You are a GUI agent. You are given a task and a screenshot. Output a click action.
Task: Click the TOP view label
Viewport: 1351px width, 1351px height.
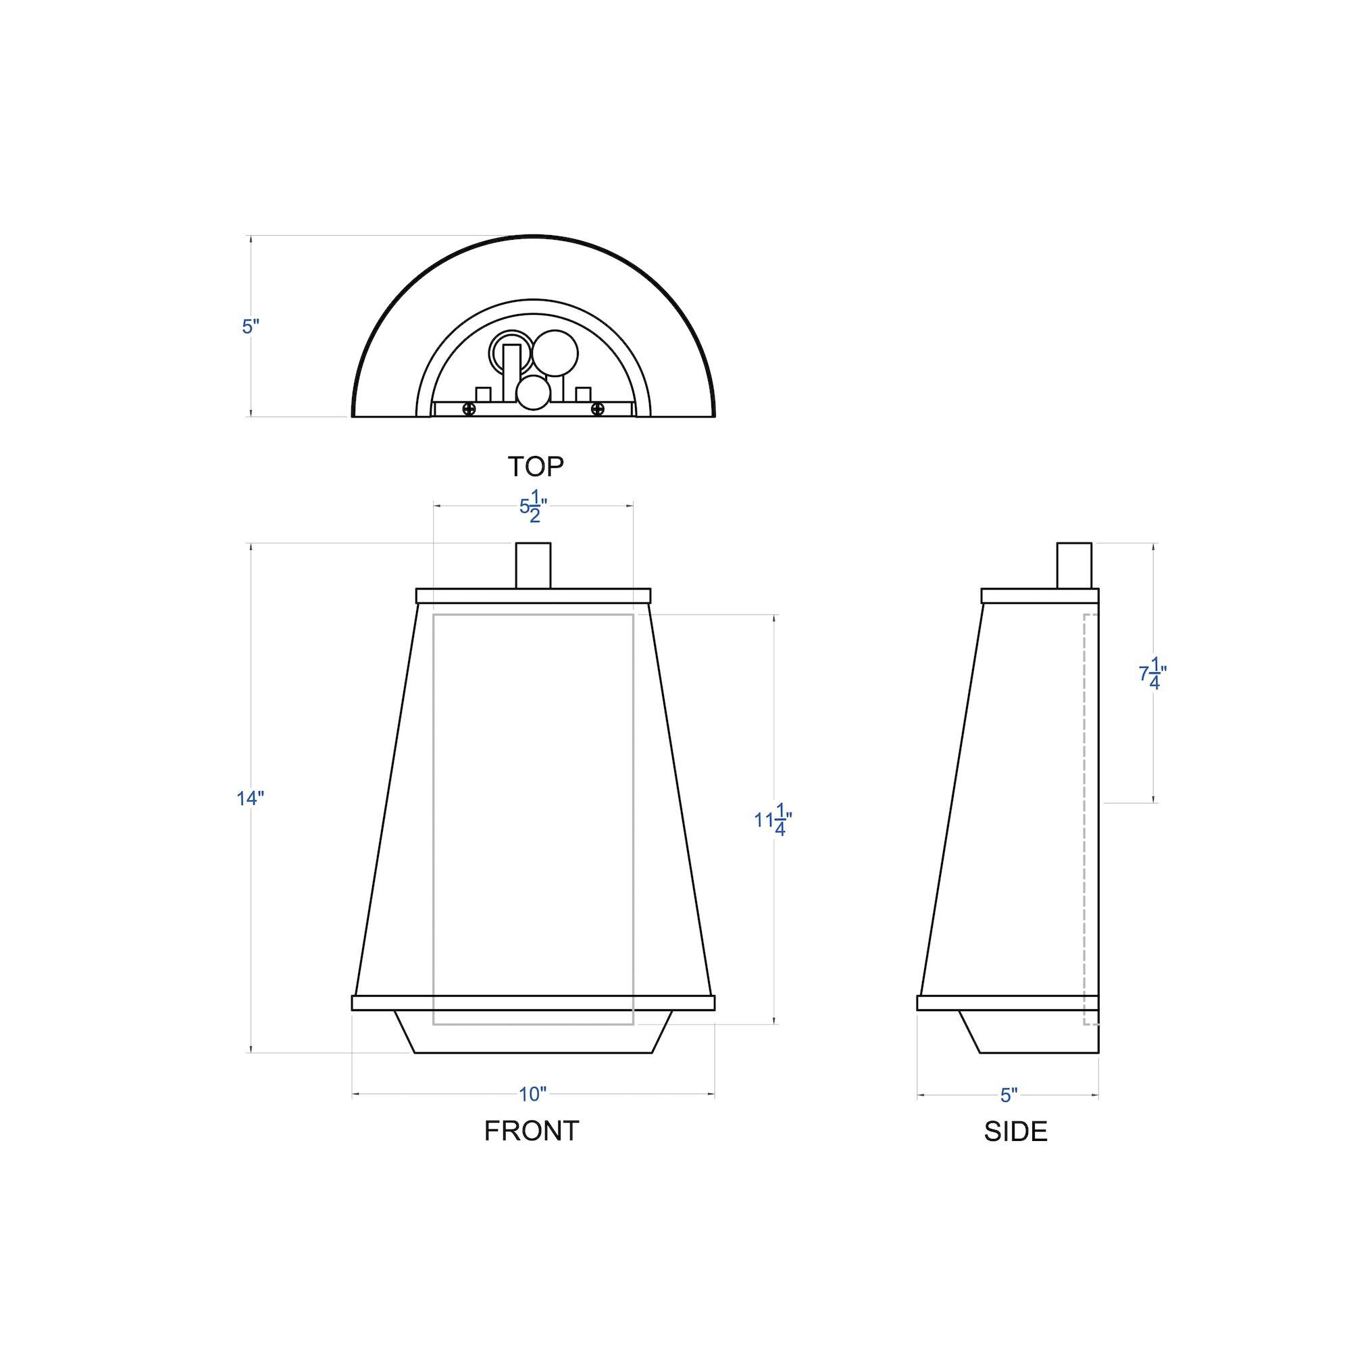535,465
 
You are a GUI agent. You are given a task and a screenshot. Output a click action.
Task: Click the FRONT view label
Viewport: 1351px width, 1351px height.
532,1131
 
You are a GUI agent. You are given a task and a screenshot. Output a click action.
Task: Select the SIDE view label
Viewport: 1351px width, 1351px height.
1015,1131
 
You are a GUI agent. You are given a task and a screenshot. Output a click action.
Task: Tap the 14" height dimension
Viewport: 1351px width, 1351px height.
250,798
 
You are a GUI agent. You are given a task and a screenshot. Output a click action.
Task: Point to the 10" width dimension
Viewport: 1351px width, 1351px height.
532,1094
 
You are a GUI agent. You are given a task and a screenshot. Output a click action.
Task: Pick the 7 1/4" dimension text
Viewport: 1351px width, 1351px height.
1152,674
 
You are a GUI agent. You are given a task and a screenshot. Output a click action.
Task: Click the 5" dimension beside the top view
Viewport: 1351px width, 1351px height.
251,326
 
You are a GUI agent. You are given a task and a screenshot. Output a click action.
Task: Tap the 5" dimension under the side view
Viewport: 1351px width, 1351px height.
1009,1095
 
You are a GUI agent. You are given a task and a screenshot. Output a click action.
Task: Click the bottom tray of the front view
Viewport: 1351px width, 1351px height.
534,1040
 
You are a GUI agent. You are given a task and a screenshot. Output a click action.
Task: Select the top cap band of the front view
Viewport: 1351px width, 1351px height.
533,596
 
